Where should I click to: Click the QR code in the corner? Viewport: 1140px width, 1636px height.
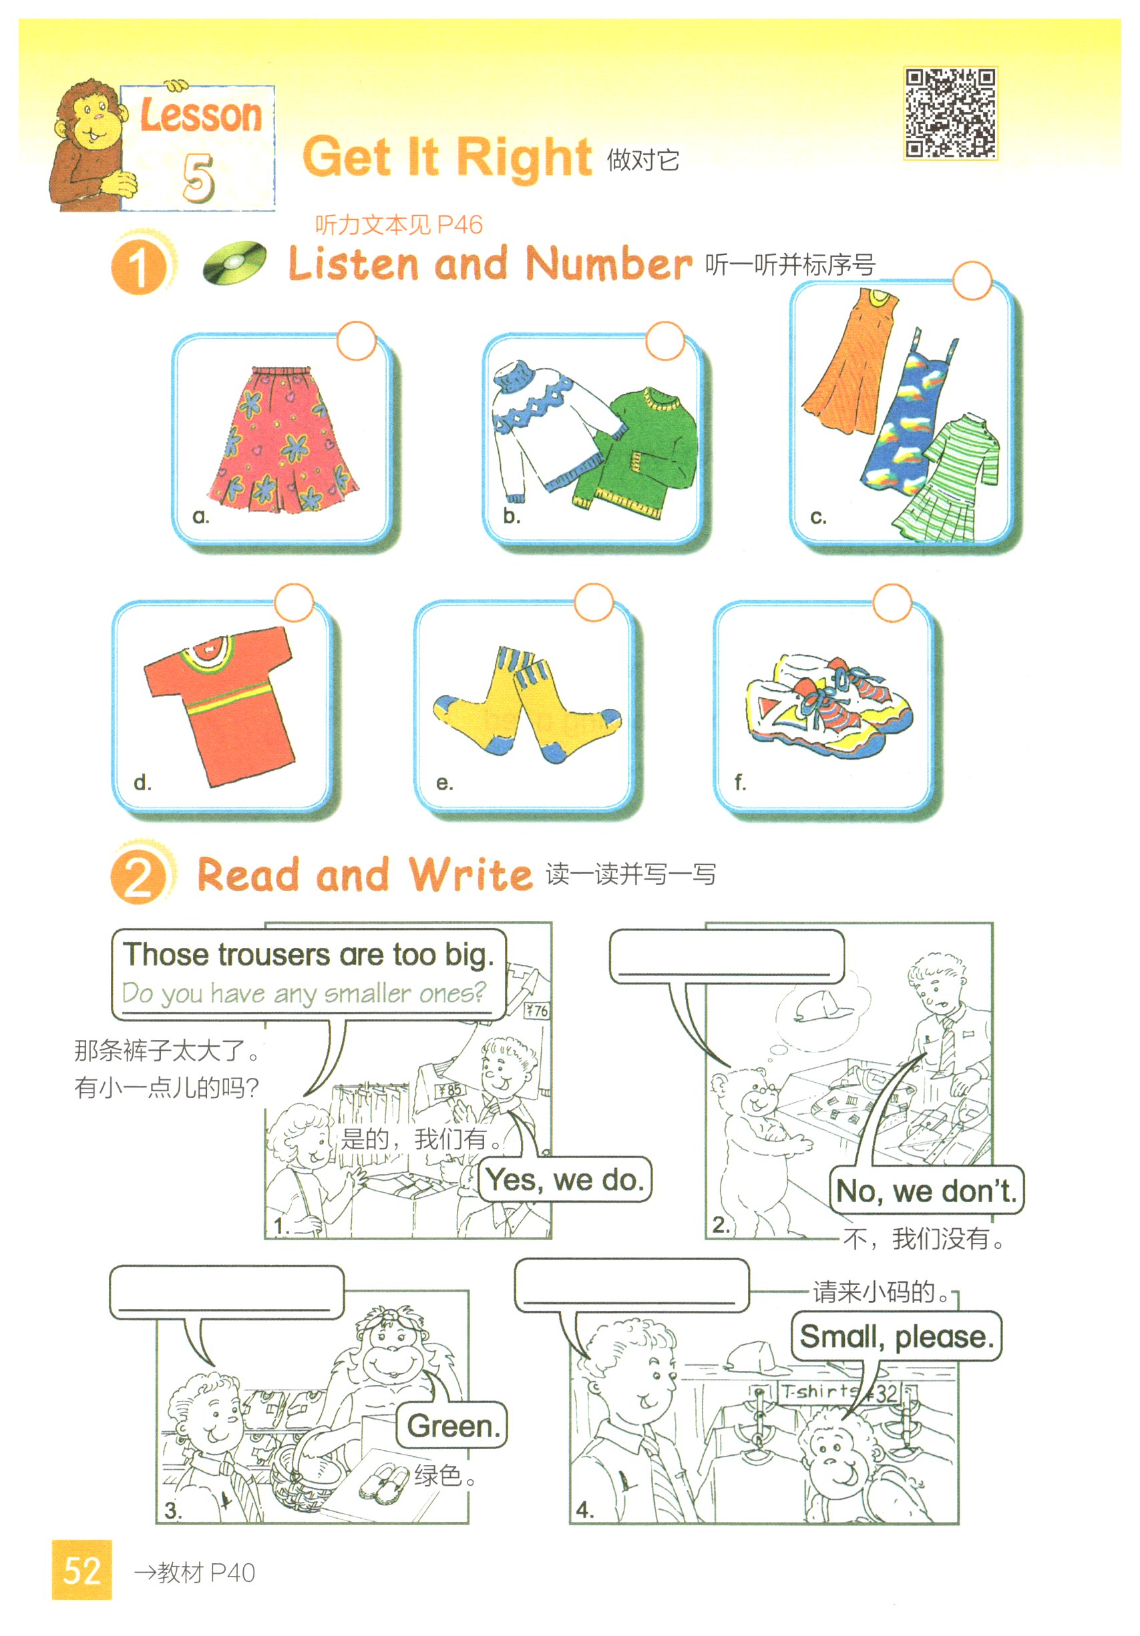click(x=950, y=113)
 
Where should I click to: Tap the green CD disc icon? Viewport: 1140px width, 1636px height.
click(x=234, y=262)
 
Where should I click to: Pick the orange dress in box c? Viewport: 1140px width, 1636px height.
click(x=849, y=360)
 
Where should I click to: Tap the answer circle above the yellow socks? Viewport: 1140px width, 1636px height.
click(x=593, y=603)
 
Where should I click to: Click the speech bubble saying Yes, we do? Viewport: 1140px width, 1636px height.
click(x=564, y=1179)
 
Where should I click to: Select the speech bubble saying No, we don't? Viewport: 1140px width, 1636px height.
click(x=926, y=1190)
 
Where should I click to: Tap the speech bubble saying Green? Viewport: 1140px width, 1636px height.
click(x=451, y=1425)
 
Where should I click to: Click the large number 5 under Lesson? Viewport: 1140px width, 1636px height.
click(x=198, y=177)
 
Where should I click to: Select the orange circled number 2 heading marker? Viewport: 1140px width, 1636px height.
click(x=139, y=876)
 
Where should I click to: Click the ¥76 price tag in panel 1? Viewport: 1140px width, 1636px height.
click(x=537, y=1011)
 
